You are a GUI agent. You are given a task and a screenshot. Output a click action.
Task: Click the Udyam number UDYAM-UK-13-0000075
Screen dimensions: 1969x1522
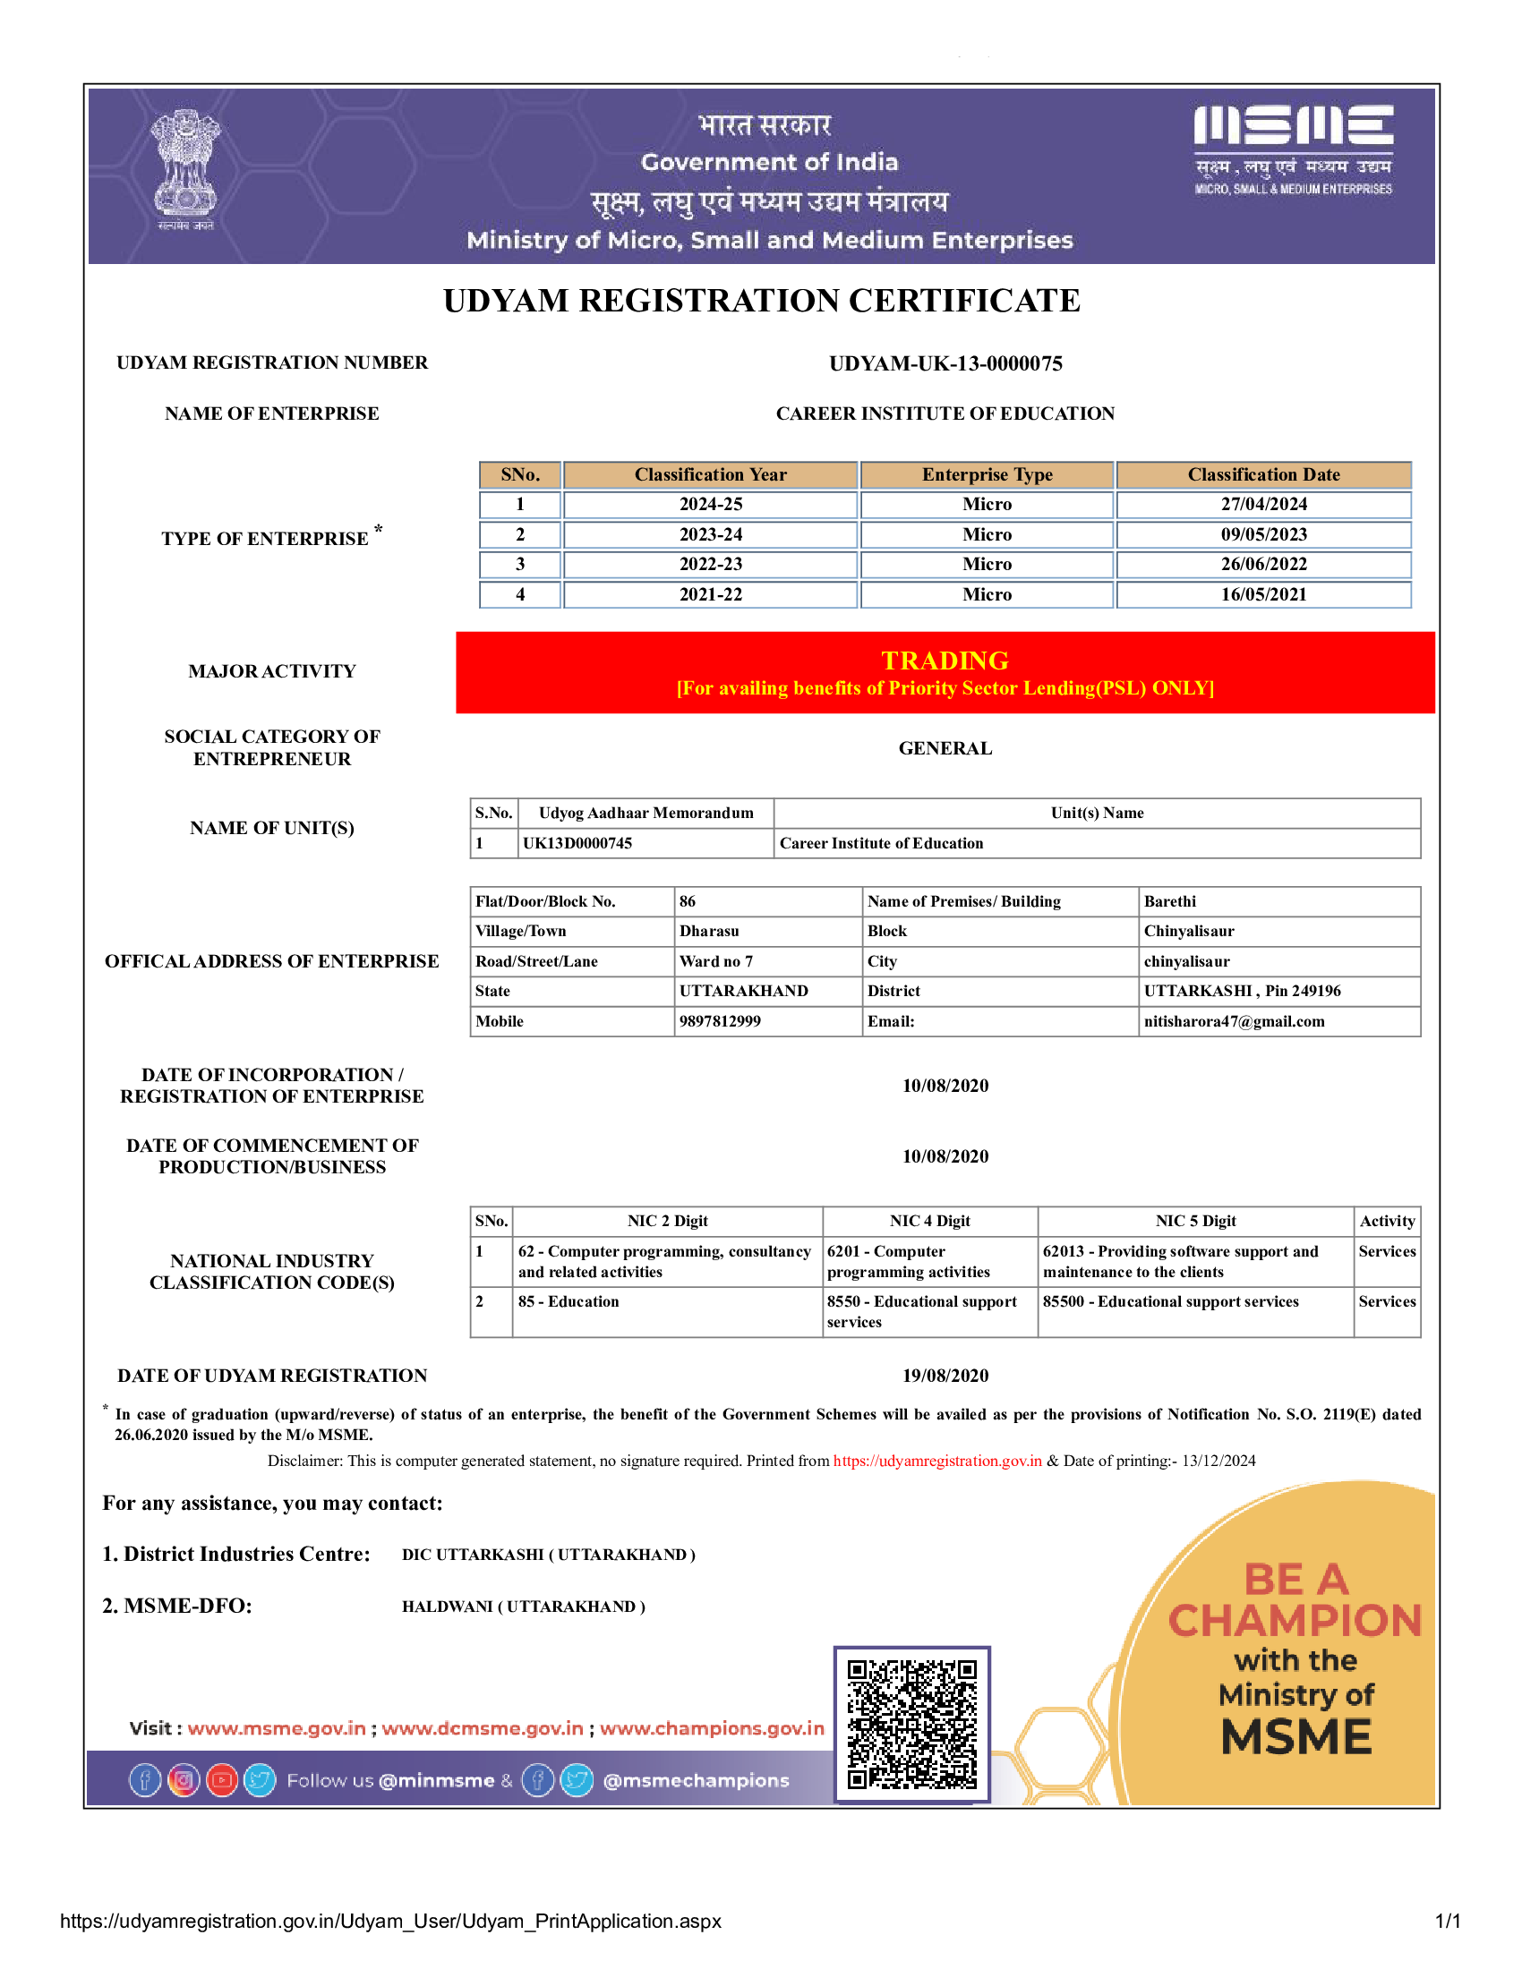[945, 363]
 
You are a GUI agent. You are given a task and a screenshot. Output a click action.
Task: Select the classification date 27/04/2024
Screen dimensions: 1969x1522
[1263, 504]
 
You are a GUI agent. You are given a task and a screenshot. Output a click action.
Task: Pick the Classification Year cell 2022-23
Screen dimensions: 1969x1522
[711, 565]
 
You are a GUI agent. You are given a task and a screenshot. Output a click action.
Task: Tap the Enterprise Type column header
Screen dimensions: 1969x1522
[987, 475]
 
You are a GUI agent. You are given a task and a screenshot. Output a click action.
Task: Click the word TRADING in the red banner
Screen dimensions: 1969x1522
[944, 661]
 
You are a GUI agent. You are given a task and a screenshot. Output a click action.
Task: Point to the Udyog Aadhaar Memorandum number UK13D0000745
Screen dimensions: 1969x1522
[577, 843]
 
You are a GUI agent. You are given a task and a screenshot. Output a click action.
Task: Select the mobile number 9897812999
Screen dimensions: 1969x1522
[720, 1021]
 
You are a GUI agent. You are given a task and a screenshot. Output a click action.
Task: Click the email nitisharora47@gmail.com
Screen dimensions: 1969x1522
[1234, 1021]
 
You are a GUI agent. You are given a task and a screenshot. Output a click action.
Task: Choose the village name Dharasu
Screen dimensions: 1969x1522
[709, 932]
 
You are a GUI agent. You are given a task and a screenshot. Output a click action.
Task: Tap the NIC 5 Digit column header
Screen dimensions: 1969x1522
[1195, 1221]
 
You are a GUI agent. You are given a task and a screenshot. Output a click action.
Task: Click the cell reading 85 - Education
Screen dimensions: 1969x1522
[568, 1302]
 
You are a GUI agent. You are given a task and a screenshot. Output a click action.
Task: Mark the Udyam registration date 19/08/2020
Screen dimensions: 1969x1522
[945, 1376]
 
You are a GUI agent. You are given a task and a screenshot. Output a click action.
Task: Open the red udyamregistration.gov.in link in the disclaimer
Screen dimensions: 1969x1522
[936, 1461]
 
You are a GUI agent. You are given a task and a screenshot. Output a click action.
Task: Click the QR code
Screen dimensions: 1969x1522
[911, 1724]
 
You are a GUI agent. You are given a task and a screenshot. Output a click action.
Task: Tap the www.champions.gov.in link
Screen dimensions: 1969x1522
[712, 1728]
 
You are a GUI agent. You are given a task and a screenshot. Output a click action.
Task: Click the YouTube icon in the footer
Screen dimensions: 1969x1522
[222, 1779]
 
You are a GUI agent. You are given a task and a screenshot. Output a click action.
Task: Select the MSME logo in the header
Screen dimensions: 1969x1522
[1293, 149]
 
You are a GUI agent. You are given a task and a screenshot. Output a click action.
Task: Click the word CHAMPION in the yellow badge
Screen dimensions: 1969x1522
[1295, 1621]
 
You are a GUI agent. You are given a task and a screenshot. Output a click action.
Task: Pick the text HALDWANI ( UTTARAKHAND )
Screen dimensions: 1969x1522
[523, 1607]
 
